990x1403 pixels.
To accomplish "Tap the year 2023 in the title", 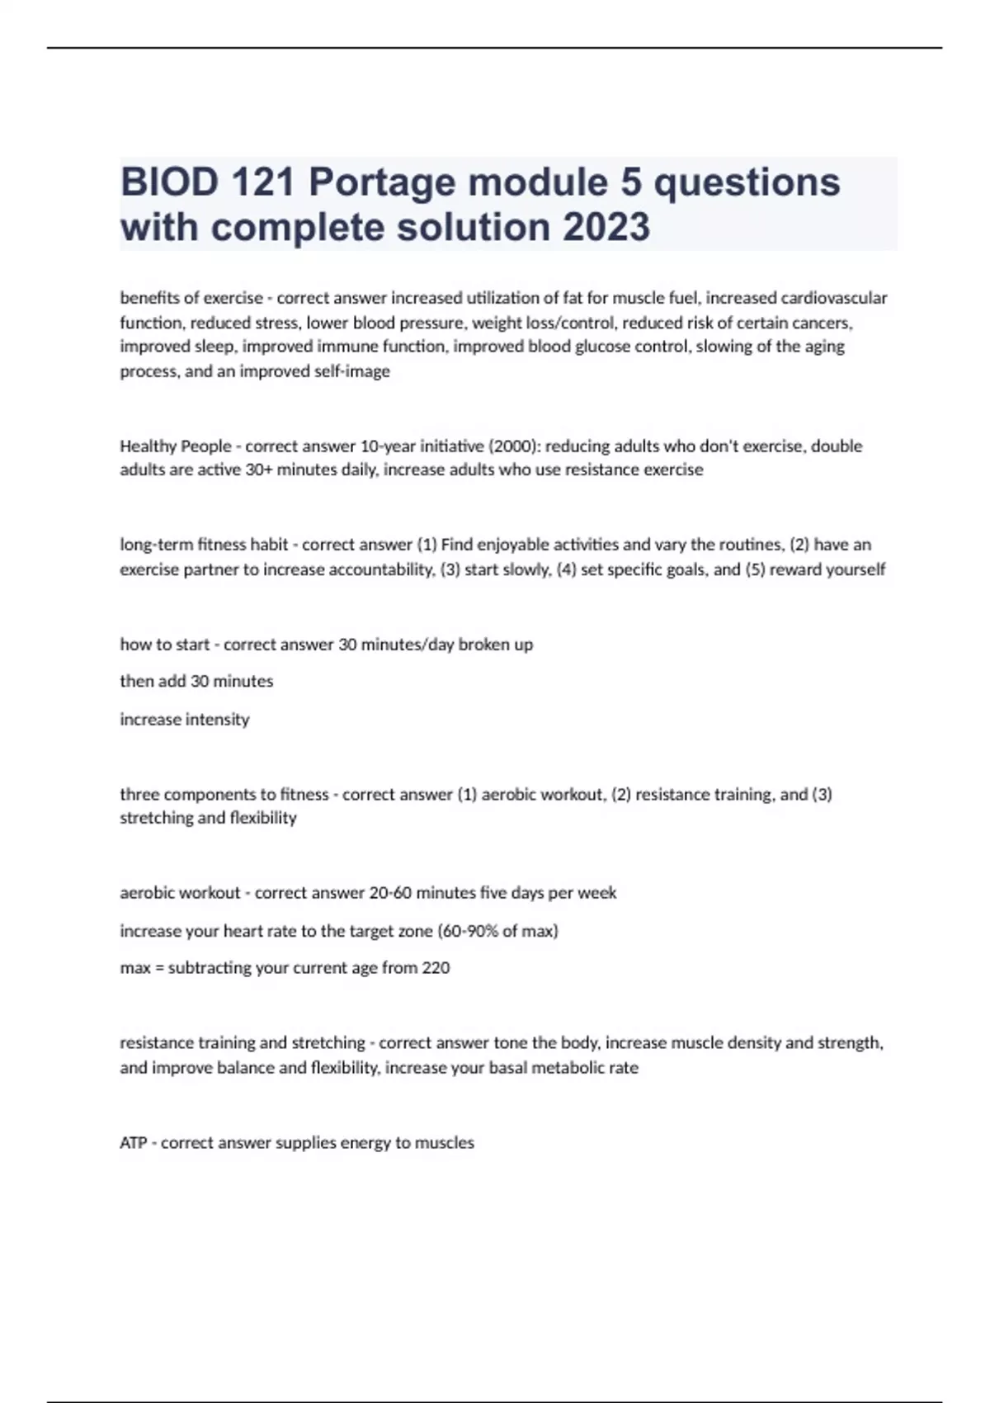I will (x=606, y=227).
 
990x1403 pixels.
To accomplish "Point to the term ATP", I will (x=134, y=1143).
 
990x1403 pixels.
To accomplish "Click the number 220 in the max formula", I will (x=436, y=968).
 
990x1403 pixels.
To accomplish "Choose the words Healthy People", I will (x=176, y=446).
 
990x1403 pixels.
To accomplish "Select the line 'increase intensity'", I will (x=185, y=720).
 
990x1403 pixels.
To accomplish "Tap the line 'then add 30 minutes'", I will (x=196, y=682).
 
